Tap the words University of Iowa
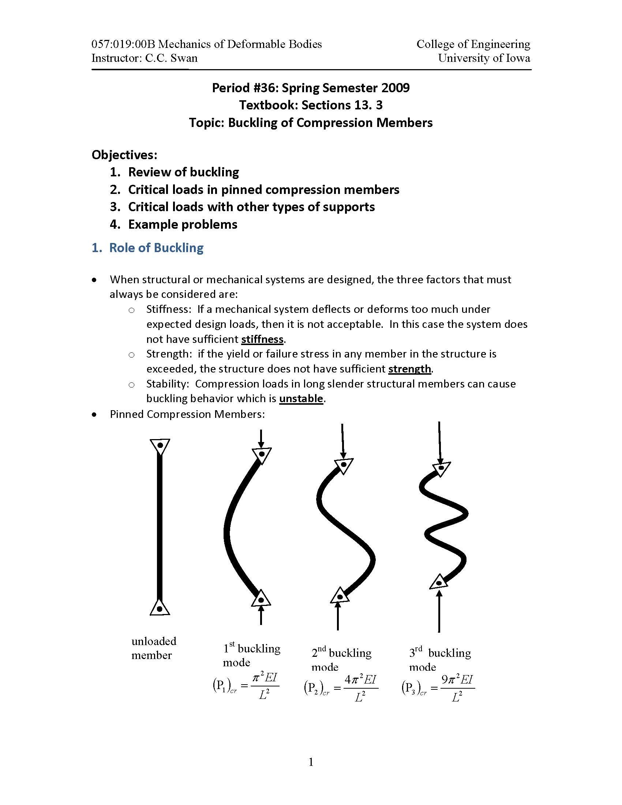tap(484, 58)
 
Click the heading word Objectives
tap(124, 154)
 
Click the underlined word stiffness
tap(262, 339)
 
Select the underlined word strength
tap(409, 368)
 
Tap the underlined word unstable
tap(301, 398)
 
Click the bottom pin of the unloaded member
tap(160, 609)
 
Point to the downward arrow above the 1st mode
tap(261, 439)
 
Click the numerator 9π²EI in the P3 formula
tap(457, 679)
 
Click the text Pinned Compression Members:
tap(187, 414)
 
